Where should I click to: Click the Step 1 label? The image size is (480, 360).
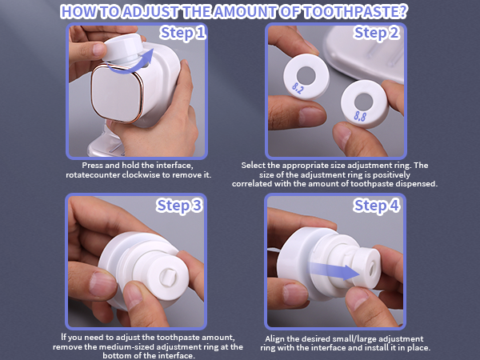[x=183, y=33]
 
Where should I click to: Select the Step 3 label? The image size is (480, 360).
[x=183, y=206]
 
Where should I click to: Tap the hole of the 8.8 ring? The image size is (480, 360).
[x=364, y=101]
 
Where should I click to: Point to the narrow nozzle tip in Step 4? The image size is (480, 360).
[x=373, y=261]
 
